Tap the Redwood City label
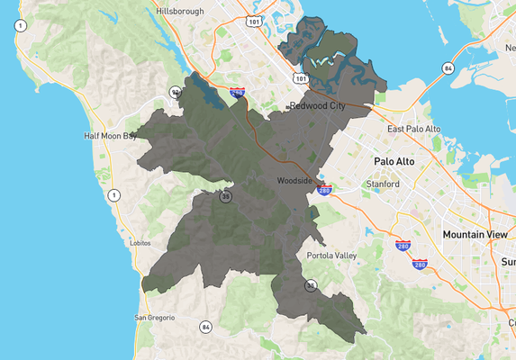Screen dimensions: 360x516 (x=317, y=106)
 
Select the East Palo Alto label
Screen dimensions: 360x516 (x=413, y=129)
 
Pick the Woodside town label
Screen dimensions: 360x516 (x=294, y=181)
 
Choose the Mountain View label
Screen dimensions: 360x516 (x=475, y=234)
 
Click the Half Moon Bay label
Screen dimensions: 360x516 (x=110, y=136)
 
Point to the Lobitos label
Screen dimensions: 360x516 (x=140, y=243)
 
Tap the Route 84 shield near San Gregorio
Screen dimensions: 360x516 (x=206, y=327)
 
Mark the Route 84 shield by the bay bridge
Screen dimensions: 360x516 (x=448, y=67)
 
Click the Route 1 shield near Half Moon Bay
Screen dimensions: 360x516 (x=113, y=194)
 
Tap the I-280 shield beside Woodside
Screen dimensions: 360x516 (x=325, y=190)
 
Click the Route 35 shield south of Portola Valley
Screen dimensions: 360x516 (x=311, y=285)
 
